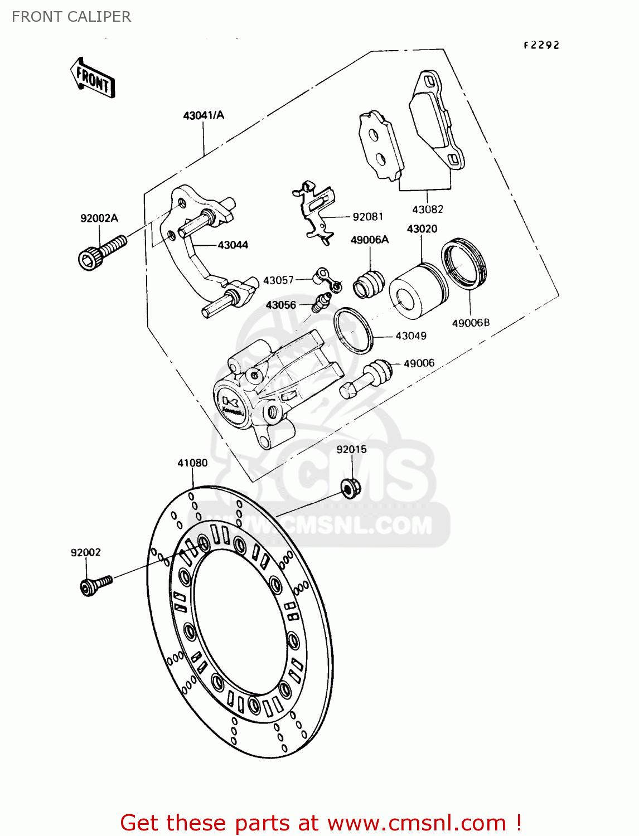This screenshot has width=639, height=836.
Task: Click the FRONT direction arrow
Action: click(93, 79)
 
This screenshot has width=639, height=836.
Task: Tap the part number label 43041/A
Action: click(204, 115)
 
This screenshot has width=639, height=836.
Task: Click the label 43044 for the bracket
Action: click(233, 245)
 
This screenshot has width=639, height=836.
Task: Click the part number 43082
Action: click(428, 210)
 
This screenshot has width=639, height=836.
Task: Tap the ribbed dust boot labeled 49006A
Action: click(369, 281)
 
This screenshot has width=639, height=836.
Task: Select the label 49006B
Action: click(471, 323)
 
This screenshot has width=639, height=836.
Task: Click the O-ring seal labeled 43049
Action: click(353, 330)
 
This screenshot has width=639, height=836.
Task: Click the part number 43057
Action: click(278, 280)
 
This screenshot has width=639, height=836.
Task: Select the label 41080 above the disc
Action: click(192, 463)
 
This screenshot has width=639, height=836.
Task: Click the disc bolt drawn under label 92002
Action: click(95, 585)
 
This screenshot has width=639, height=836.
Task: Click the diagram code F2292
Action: click(541, 46)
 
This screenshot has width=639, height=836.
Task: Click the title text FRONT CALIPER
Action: click(71, 17)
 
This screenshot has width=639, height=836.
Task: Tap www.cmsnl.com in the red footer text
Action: click(416, 823)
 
